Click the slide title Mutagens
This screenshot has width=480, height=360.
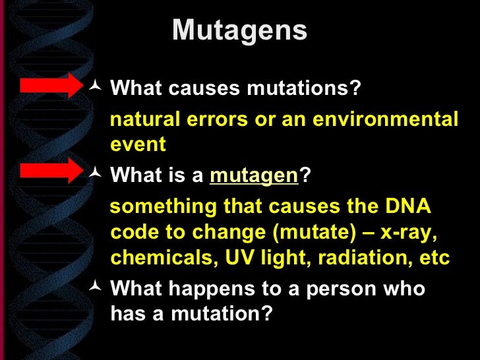(x=239, y=31)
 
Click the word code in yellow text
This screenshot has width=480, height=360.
(x=135, y=232)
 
